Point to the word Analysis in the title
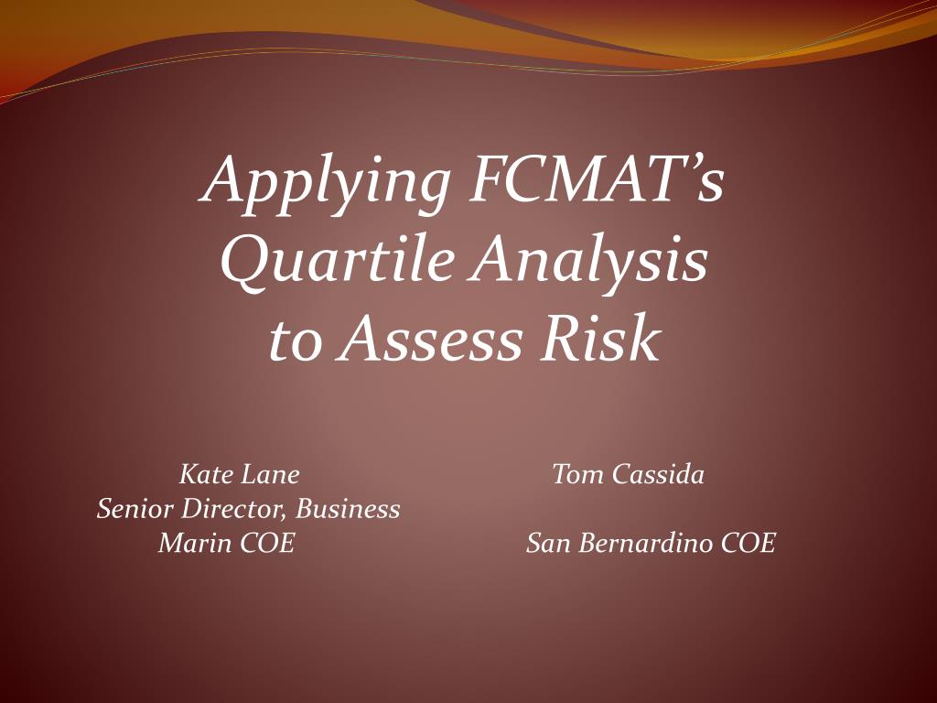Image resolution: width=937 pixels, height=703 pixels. (590, 262)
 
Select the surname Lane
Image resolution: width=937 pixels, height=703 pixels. (270, 474)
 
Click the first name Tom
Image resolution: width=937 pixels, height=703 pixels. (577, 474)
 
